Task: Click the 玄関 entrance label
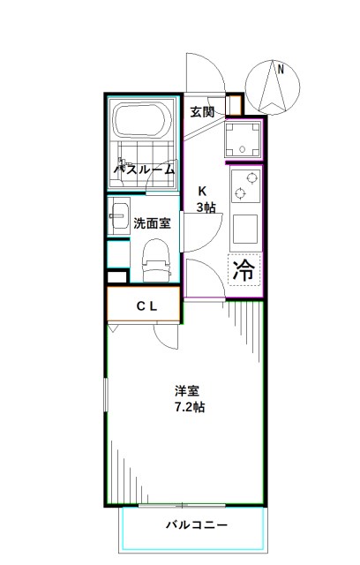pos(202,112)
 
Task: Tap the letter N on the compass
pos(280,68)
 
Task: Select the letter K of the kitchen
pos(203,191)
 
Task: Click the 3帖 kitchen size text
pos(206,207)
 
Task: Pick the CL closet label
pos(146,305)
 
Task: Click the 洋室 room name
pos(185,390)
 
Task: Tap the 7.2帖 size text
pos(188,408)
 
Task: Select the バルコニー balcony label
pos(197,525)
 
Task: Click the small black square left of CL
pos(115,276)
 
